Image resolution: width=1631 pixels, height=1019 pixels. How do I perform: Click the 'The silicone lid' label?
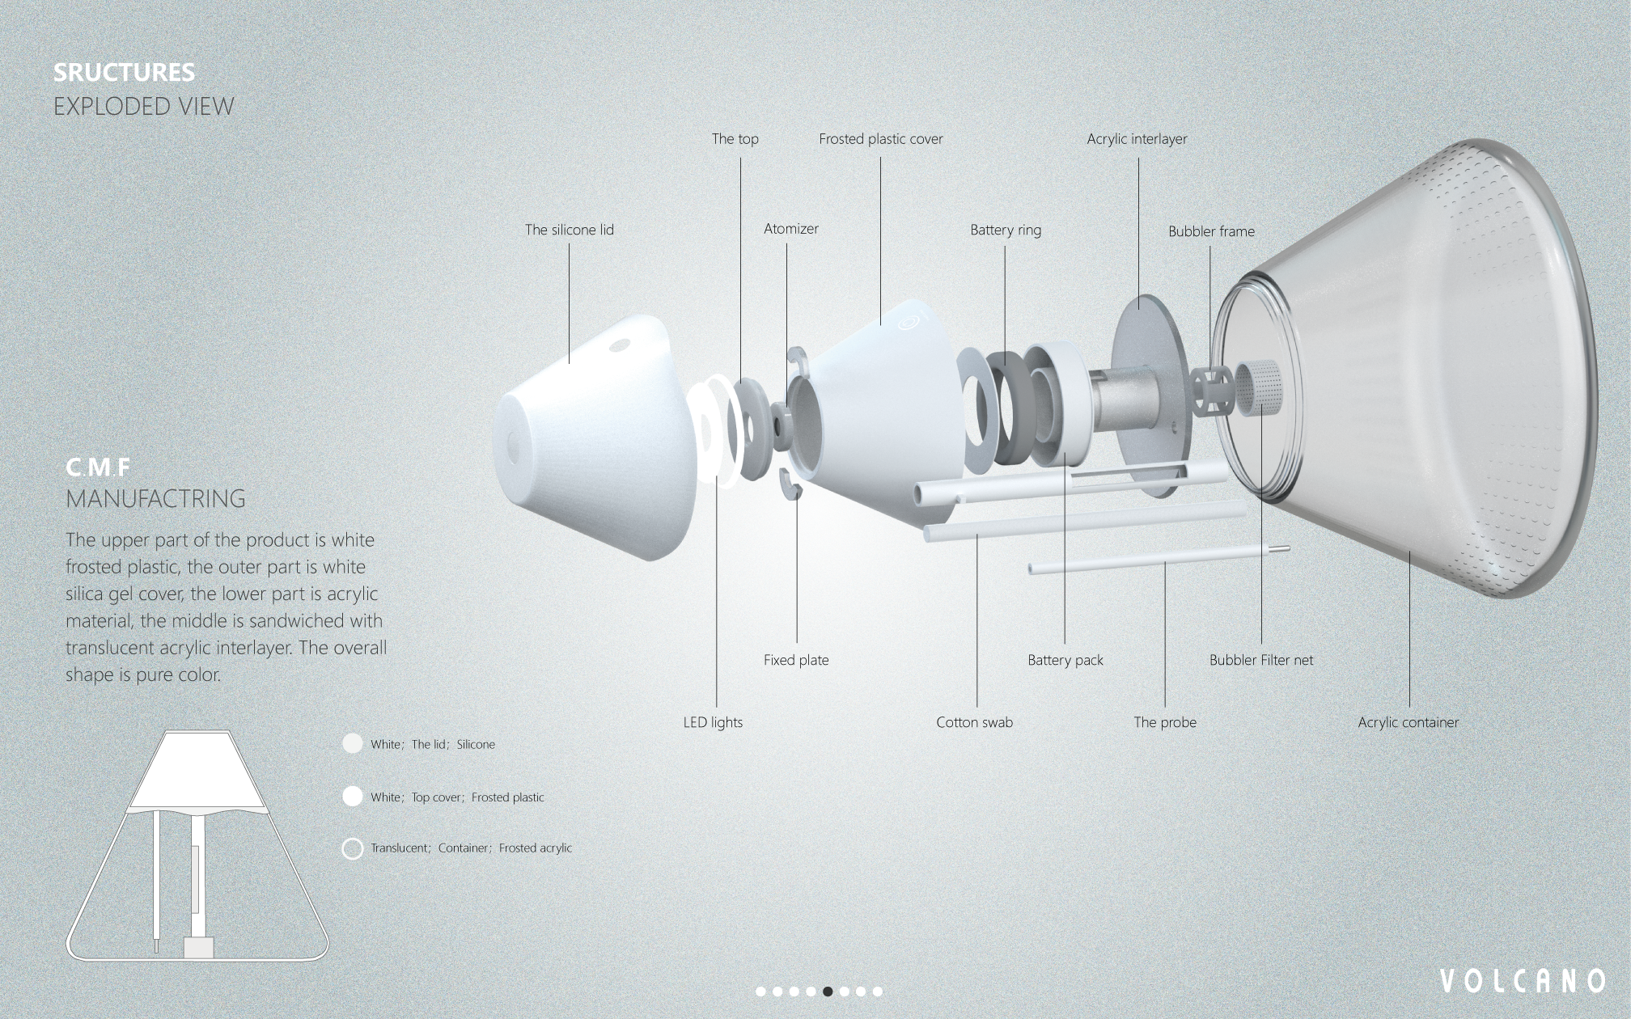569,230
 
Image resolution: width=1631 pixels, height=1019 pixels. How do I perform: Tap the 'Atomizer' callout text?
790,229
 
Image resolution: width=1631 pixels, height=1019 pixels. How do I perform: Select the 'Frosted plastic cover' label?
880,139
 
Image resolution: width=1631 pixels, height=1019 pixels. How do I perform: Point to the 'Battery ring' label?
1005,230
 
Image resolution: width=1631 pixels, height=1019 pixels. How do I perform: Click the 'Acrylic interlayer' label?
1137,139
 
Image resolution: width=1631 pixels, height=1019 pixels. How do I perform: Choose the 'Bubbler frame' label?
1210,231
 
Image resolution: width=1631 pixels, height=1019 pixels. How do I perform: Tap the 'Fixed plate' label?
795,660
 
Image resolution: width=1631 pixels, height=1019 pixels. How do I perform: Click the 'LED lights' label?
712,722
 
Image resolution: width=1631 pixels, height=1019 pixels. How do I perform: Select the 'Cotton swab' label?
974,722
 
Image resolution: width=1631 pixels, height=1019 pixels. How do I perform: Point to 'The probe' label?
1164,722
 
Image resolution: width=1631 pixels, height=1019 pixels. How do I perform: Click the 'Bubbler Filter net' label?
1260,660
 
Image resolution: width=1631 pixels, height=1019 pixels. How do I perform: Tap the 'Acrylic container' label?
1408,722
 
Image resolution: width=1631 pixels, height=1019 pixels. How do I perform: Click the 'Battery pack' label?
1065,660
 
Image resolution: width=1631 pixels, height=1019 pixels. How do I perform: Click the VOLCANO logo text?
1522,981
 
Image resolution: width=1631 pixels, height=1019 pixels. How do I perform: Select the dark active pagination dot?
828,992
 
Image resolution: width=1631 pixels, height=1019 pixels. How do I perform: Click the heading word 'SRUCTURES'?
124,73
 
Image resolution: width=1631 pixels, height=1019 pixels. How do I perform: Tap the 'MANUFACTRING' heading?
155,499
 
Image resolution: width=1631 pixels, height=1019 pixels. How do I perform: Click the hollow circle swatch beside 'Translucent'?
352,848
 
